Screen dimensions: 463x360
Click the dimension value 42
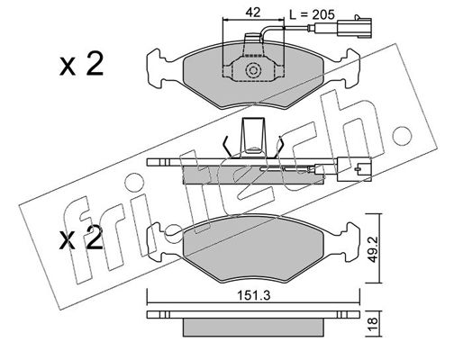point(252,13)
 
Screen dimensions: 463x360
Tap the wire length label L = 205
point(312,14)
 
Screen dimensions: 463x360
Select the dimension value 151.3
point(254,295)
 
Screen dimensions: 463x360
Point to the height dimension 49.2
point(372,249)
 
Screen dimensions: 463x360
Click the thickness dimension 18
point(372,324)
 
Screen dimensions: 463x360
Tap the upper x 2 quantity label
point(81,64)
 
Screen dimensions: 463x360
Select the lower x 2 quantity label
point(81,238)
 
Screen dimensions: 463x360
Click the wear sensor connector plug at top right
point(355,28)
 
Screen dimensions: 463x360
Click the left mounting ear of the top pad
point(157,68)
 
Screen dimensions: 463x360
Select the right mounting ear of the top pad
point(350,68)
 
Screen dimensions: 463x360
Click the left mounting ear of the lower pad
point(157,242)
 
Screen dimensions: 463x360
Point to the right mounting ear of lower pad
point(350,242)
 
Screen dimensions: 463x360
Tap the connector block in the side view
point(354,169)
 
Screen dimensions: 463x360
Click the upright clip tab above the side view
point(254,137)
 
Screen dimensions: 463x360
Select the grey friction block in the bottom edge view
point(253,327)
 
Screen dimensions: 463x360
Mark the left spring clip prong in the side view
point(228,147)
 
